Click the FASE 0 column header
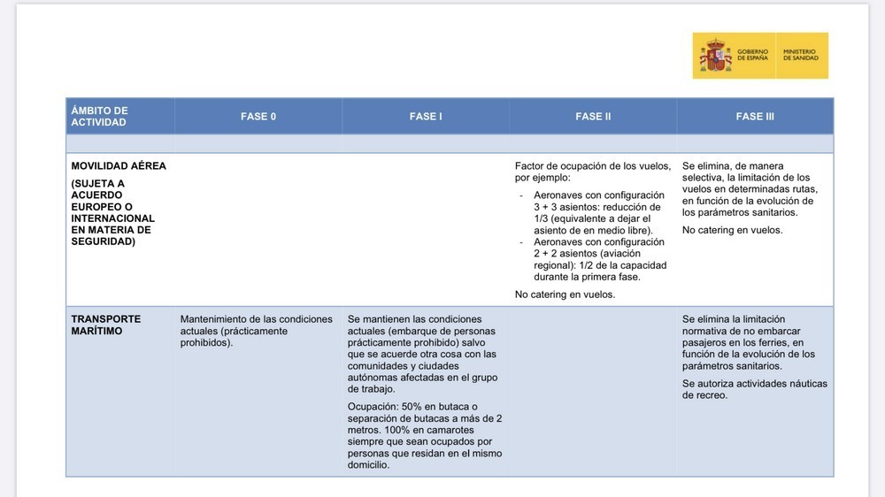[x=258, y=117]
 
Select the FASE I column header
[x=426, y=117]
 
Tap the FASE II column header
[x=593, y=117]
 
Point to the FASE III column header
[x=755, y=117]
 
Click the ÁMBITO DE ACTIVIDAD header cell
[x=99, y=117]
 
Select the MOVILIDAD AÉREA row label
[x=118, y=166]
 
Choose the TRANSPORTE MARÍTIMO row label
[x=105, y=325]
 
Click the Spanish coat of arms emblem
[x=715, y=56]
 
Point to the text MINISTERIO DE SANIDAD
[x=801, y=56]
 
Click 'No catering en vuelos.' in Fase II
[x=565, y=294]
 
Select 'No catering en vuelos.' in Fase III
[x=732, y=230]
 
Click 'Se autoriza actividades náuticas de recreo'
[x=754, y=389]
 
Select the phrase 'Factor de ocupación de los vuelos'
[x=593, y=166]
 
